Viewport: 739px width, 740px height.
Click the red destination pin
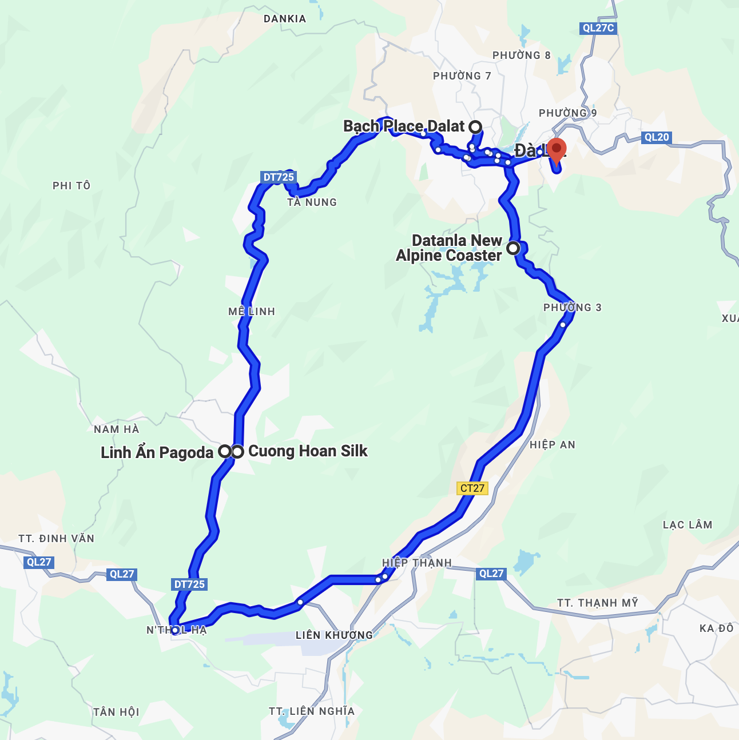(556, 149)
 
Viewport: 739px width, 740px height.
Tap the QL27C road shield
(598, 28)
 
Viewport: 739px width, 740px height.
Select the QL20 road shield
(656, 137)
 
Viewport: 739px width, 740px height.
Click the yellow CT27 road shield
(472, 488)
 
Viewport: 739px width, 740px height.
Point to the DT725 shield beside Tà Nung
(279, 177)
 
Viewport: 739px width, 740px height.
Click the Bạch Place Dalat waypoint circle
(475, 126)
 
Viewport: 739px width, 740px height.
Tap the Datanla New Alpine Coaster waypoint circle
(513, 248)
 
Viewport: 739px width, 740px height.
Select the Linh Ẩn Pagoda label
(157, 452)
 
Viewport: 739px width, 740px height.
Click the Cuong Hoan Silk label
(308, 451)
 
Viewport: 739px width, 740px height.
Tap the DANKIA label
(285, 19)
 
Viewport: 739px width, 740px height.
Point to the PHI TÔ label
(71, 186)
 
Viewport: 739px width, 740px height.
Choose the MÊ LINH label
(252, 312)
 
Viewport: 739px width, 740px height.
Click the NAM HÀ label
(117, 429)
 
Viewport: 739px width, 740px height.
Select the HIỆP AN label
(553, 445)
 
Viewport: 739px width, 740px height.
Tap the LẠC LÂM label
(688, 525)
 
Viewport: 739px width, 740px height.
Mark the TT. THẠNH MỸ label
(598, 603)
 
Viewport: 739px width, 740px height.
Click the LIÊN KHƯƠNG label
(334, 635)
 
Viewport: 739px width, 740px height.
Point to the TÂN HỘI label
(116, 712)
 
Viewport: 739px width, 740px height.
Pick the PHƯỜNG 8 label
(522, 55)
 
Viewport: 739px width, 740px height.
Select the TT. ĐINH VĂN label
(56, 539)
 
